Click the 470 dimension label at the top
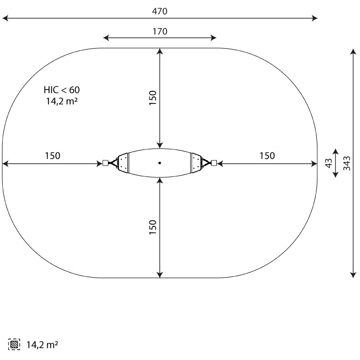(160, 11)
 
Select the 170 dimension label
(160, 31)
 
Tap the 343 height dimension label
(347, 163)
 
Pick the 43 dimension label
(329, 163)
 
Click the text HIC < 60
(62, 90)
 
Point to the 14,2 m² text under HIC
(62, 101)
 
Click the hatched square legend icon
(14, 344)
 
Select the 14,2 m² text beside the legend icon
(42, 345)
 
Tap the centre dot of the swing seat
(160, 163)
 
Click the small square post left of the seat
(105, 163)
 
